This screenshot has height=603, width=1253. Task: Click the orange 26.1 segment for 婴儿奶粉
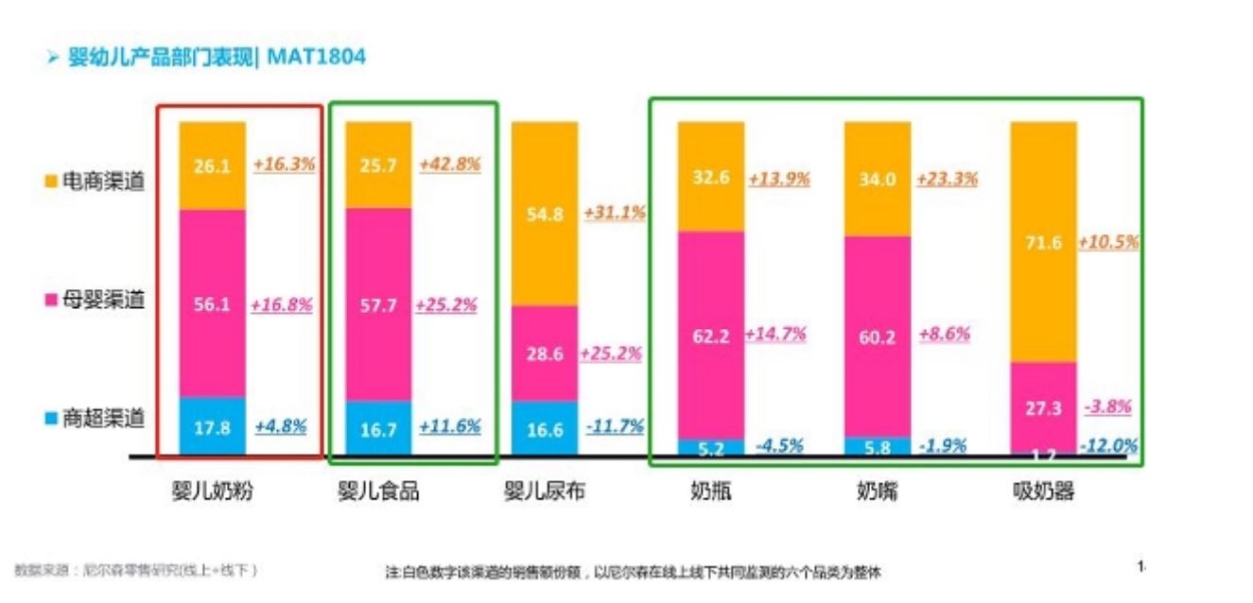click(x=213, y=165)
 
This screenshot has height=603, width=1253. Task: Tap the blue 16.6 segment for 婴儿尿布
click(x=545, y=429)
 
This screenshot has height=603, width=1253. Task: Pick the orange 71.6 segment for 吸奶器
click(x=1043, y=242)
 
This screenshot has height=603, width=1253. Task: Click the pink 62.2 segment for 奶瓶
click(x=711, y=335)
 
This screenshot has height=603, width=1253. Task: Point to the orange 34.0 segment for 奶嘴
click(x=877, y=179)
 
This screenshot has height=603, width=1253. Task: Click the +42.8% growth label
click(x=450, y=164)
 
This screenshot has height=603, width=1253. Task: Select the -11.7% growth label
click(x=615, y=426)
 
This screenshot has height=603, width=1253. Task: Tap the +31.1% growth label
click(x=615, y=213)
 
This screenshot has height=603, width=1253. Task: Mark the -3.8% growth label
click(x=1106, y=407)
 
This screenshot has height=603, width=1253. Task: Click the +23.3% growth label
click(x=947, y=178)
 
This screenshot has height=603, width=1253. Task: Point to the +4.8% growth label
click(x=281, y=425)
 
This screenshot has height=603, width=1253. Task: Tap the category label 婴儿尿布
click(x=544, y=491)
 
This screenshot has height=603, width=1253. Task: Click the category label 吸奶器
click(x=1043, y=491)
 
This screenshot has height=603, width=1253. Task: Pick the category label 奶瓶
click(x=710, y=491)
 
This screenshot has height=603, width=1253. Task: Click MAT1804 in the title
click(x=316, y=58)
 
